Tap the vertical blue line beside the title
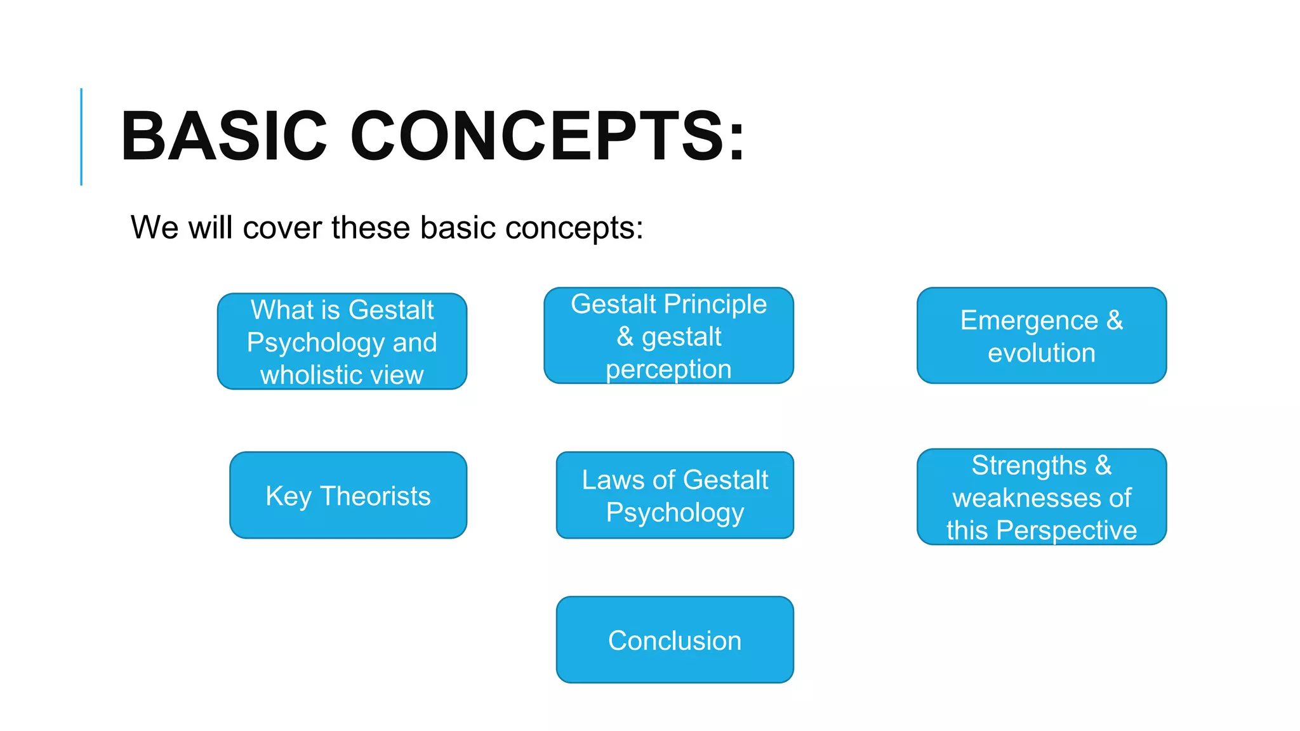coord(81,136)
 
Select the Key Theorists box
coord(348,496)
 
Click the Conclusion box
coord(675,640)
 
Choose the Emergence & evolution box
coord(1041,336)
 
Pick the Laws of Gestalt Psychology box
coord(675,496)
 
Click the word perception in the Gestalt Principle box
coord(668,369)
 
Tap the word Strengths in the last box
coord(1029,465)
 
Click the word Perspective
coord(1066,530)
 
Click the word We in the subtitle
coord(154,228)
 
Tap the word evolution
coord(1041,353)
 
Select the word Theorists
coord(375,496)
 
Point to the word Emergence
coord(1029,320)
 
